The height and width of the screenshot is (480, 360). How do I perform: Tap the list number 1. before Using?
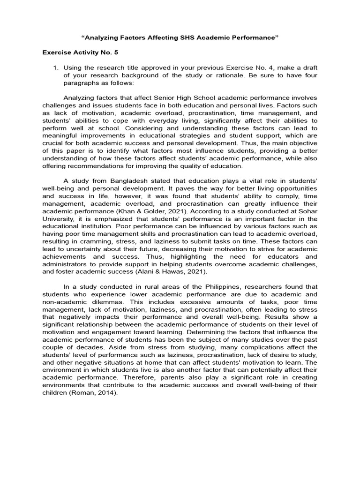(x=56, y=67)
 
